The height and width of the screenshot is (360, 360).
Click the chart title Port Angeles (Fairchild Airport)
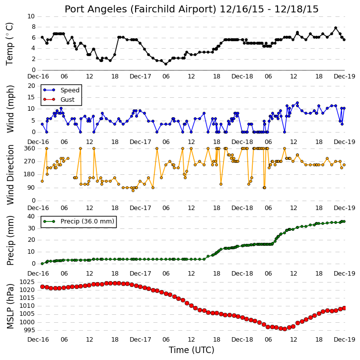tap(141, 9)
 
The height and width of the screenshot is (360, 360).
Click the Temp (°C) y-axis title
tap(9, 44)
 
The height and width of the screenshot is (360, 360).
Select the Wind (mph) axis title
tap(10, 109)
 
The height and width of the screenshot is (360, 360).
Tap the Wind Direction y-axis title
tap(10, 174)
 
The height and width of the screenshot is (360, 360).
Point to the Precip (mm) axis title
tap(10, 240)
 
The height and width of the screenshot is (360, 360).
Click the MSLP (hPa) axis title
tap(10, 306)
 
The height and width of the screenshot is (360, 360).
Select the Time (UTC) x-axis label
tap(192, 350)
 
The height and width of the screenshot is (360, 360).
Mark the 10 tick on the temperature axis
tap(31, 16)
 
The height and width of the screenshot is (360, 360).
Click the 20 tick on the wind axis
tap(32, 86)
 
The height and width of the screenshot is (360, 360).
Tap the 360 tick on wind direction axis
tap(30, 148)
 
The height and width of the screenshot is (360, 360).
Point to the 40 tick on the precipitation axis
tap(31, 216)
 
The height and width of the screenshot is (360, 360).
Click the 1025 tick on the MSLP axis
tap(27, 282)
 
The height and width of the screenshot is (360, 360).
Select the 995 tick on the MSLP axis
tap(29, 330)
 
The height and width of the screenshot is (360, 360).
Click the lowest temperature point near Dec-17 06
tap(166, 64)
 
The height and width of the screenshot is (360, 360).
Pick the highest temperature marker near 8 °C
tap(336, 28)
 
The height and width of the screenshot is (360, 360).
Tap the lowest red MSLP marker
tap(285, 329)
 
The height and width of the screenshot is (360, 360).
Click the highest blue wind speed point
tap(297, 103)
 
